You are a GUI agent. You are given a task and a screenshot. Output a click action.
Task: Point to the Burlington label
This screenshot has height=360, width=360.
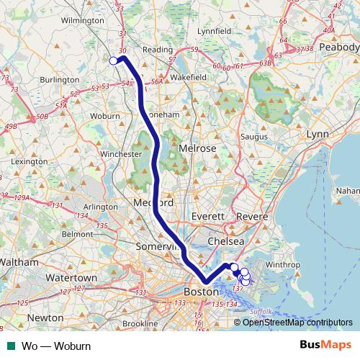coord(60,80)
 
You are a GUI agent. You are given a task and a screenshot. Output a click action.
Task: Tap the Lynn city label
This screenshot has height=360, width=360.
coord(317,135)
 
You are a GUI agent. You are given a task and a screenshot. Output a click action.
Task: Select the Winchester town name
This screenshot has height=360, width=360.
coord(120,154)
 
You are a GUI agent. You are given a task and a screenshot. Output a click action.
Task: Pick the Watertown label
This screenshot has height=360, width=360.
coord(73,278)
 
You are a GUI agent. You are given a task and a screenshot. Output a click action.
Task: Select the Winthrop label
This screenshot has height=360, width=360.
coord(279,264)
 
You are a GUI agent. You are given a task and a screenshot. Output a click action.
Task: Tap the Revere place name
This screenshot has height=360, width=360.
coord(252,217)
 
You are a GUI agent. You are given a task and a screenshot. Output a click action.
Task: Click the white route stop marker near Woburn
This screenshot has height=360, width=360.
coord(113,61)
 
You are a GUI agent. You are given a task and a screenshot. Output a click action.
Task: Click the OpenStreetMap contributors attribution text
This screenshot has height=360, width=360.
coord(297,322)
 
